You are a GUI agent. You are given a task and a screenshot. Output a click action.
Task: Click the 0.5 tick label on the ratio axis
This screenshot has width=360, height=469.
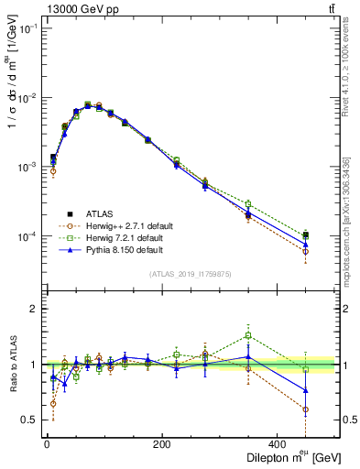[x=30, y=420]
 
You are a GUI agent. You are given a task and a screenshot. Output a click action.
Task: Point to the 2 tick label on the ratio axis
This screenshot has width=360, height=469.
[x=34, y=310]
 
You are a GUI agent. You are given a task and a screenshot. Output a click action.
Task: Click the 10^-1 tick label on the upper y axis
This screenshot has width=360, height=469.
[x=27, y=29]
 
